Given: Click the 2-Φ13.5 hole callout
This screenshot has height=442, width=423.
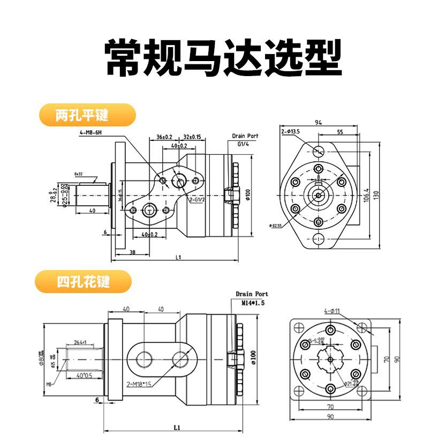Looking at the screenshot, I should [x=291, y=131].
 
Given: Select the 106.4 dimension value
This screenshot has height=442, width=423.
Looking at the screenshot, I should [x=366, y=195].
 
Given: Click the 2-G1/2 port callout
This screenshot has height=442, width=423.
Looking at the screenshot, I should [x=198, y=200].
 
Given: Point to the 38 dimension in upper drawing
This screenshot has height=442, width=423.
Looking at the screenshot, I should [x=132, y=252].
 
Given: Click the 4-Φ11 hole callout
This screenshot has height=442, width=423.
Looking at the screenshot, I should [x=333, y=311].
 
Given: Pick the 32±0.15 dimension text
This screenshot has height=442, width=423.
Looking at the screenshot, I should [x=192, y=137].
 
